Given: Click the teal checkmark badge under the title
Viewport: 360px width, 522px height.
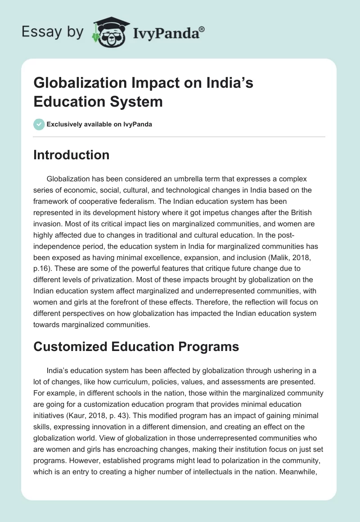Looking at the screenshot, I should (39, 124).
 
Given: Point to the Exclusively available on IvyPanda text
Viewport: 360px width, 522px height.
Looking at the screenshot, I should (99, 125).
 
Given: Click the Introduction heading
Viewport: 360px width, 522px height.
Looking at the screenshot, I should (72, 155).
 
